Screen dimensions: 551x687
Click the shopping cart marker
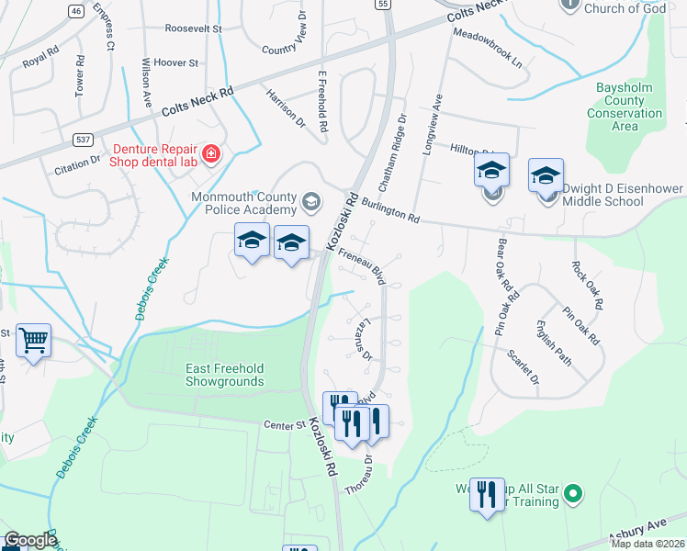pyautogui.click(x=34, y=342)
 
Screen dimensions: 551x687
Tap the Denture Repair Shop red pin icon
pyautogui.click(x=211, y=153)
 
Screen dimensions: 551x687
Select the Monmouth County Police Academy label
pyautogui.click(x=243, y=204)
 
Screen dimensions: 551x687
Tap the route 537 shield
pyautogui.click(x=84, y=139)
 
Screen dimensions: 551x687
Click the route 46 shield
pyautogui.click(x=76, y=11)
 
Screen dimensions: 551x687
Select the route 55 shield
pyautogui.click(x=382, y=5)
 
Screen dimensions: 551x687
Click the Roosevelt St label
pyautogui.click(x=194, y=29)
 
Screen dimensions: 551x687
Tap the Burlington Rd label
pyautogui.click(x=389, y=211)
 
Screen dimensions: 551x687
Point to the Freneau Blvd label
pyautogui.click(x=362, y=262)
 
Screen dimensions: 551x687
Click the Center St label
pyautogui.click(x=284, y=425)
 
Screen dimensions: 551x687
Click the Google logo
pyautogui.click(x=30, y=540)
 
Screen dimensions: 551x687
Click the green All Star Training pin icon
pyautogui.click(x=573, y=494)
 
